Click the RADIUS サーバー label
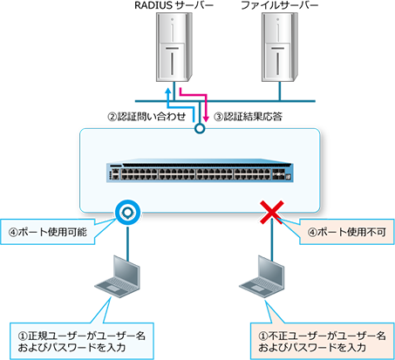point(174,5)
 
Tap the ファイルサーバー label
point(280,5)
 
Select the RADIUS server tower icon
point(174,47)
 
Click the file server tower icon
point(280,47)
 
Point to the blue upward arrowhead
point(168,91)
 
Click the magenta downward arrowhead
point(206,119)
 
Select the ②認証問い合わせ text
point(146,117)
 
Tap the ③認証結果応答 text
point(249,117)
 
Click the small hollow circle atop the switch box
point(200,128)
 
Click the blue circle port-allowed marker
point(127,213)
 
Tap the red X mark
point(271,212)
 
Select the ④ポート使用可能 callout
point(48,232)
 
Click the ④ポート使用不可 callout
point(347,232)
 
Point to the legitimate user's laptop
point(118,276)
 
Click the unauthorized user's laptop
point(262,276)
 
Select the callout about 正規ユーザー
point(82,341)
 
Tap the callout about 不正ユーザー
point(322,341)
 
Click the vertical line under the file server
point(280,92)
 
